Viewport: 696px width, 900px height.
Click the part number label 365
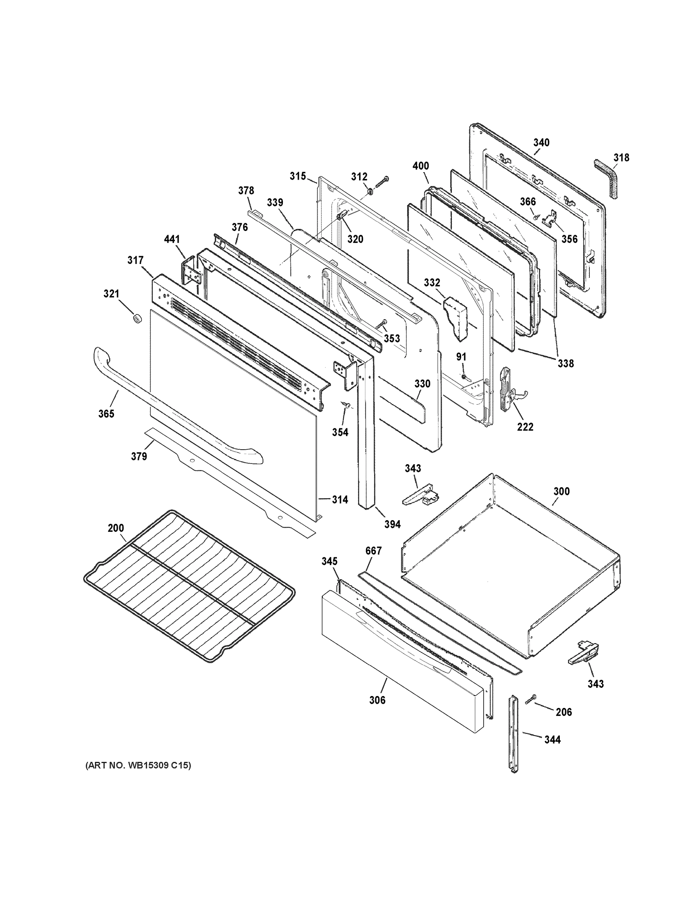(106, 414)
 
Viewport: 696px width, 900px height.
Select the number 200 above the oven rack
(116, 528)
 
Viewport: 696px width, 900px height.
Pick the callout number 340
(541, 142)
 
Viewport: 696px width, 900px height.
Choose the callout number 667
(374, 550)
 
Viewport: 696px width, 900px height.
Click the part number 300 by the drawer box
(562, 491)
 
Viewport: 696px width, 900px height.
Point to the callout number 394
(392, 524)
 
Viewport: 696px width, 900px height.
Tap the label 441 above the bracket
(171, 239)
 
